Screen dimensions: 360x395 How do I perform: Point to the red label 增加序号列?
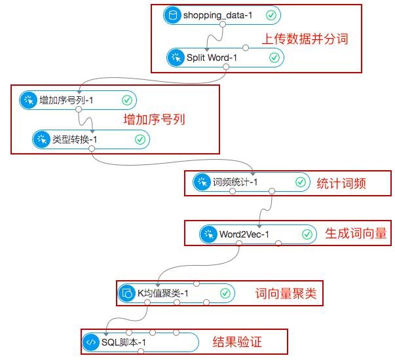155,120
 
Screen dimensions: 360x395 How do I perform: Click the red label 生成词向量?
356,234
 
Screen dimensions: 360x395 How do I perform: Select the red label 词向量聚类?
286,293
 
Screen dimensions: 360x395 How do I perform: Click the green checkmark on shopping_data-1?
271,15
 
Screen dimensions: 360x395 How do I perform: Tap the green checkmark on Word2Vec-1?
307,234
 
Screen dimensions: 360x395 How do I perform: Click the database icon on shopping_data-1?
173,15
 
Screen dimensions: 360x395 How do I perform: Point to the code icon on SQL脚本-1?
90,342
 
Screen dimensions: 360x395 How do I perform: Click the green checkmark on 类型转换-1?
140,139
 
